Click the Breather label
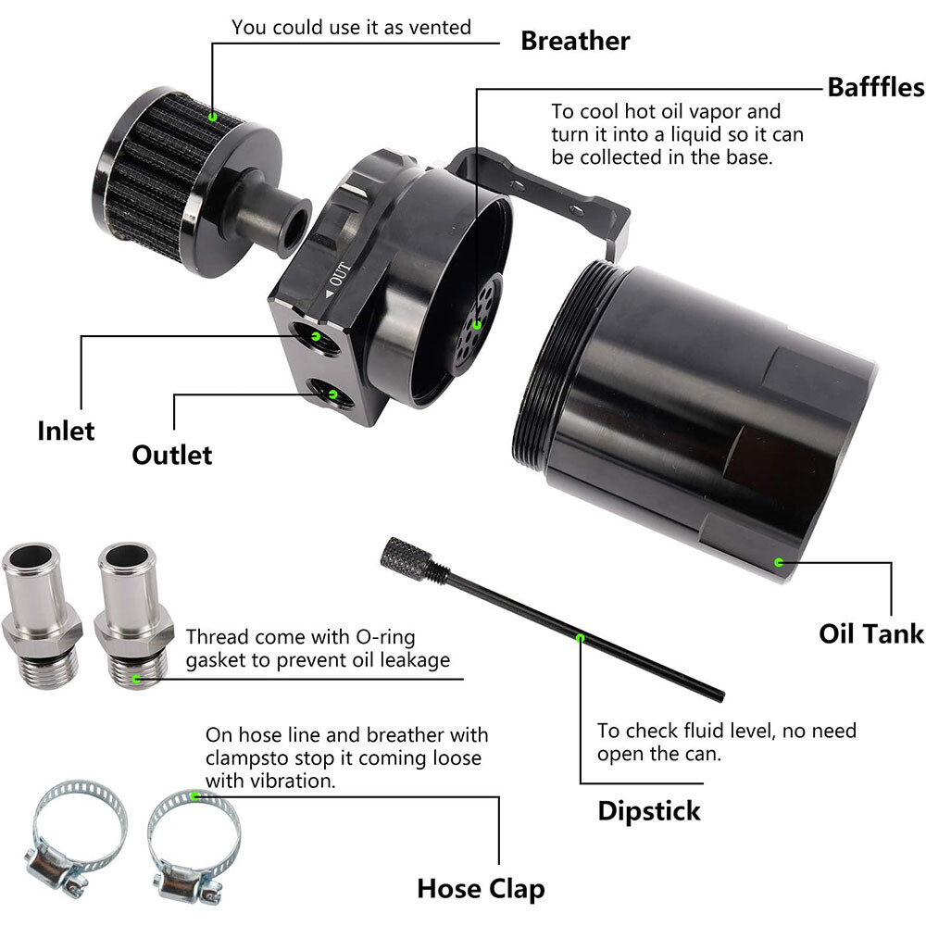tap(574, 41)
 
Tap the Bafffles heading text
tap(875, 87)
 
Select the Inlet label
tap(66, 431)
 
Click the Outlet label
tap(171, 455)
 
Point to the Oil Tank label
tap(870, 633)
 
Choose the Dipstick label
tap(648, 811)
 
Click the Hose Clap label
tap(480, 889)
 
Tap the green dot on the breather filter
tap(212, 117)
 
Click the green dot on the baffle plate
tap(477, 324)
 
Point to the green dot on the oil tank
tap(778, 562)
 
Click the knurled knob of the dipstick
tap(404, 558)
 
